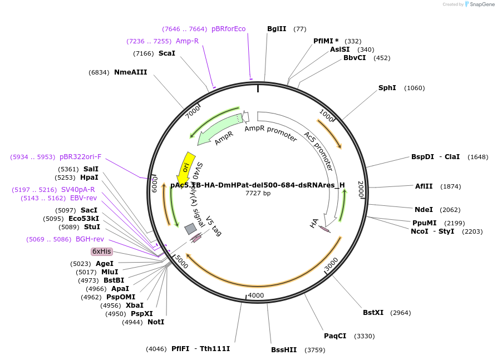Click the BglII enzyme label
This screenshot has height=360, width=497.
click(277, 29)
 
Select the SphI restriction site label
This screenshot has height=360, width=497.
click(387, 88)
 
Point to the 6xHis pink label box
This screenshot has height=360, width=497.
click(102, 251)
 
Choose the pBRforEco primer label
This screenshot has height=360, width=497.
click(228, 29)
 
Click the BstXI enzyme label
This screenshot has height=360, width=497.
click(373, 313)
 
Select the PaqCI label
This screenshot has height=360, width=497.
click(335, 336)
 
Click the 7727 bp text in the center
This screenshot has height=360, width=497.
click(258, 194)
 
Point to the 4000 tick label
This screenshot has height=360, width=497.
click(255, 295)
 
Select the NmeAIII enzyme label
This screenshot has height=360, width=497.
click(131, 72)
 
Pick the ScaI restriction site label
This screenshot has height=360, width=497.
click(167, 53)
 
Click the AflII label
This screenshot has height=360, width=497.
click(425, 186)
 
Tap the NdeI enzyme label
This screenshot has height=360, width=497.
click(424, 210)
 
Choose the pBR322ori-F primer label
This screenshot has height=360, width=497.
click(80, 157)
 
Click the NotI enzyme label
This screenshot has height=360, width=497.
click(156, 322)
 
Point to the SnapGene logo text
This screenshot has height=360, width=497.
click(480, 4)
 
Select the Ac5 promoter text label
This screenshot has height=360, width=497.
click(319, 150)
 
